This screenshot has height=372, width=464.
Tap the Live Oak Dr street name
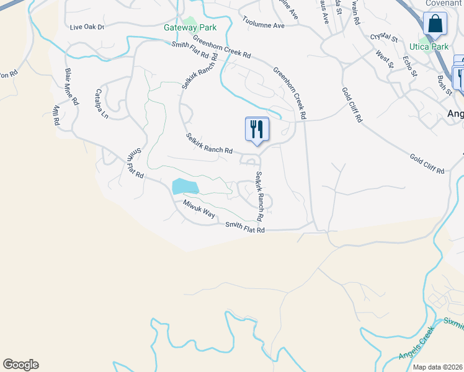(87, 27)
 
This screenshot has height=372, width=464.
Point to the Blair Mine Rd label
(71, 86)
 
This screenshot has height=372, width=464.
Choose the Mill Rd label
(56, 115)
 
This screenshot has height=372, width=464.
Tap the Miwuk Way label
(199, 209)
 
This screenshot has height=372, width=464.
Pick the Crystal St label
(383, 38)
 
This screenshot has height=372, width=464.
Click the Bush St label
(445, 86)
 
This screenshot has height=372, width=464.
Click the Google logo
(20, 365)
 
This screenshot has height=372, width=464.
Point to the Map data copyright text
(437, 367)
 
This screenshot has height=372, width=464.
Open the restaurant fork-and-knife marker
(257, 129)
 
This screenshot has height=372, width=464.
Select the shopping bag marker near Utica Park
(435, 24)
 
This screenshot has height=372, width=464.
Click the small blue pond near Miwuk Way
(184, 186)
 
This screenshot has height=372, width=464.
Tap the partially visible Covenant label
(444, 3)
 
